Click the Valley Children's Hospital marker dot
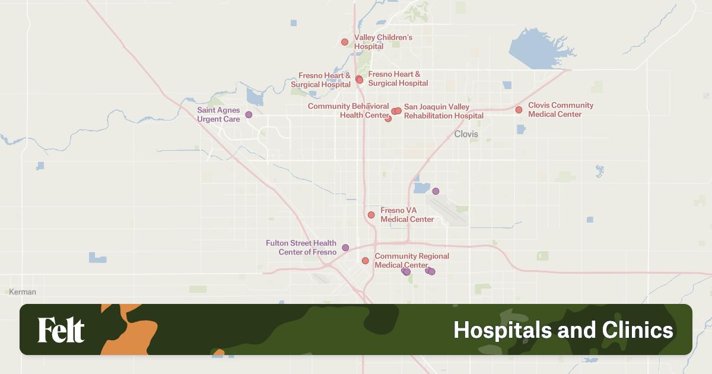tap(345, 42)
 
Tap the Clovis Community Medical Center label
tap(560, 110)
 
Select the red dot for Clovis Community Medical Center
tap(519, 110)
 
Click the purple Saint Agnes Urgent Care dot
tap(249, 115)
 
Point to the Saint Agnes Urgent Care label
tap(218, 115)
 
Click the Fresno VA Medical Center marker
tap(371, 215)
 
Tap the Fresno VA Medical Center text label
tap(406, 215)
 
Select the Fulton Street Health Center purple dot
tap(345, 248)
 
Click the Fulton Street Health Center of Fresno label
tap(301, 248)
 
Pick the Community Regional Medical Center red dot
tap(365, 261)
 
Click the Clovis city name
tap(466, 134)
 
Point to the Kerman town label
tap(23, 292)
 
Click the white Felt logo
tap(61, 330)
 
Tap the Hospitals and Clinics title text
tap(563, 330)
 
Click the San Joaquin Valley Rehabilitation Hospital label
tap(443, 112)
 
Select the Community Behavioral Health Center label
tap(348, 110)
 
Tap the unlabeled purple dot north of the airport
tap(436, 191)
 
